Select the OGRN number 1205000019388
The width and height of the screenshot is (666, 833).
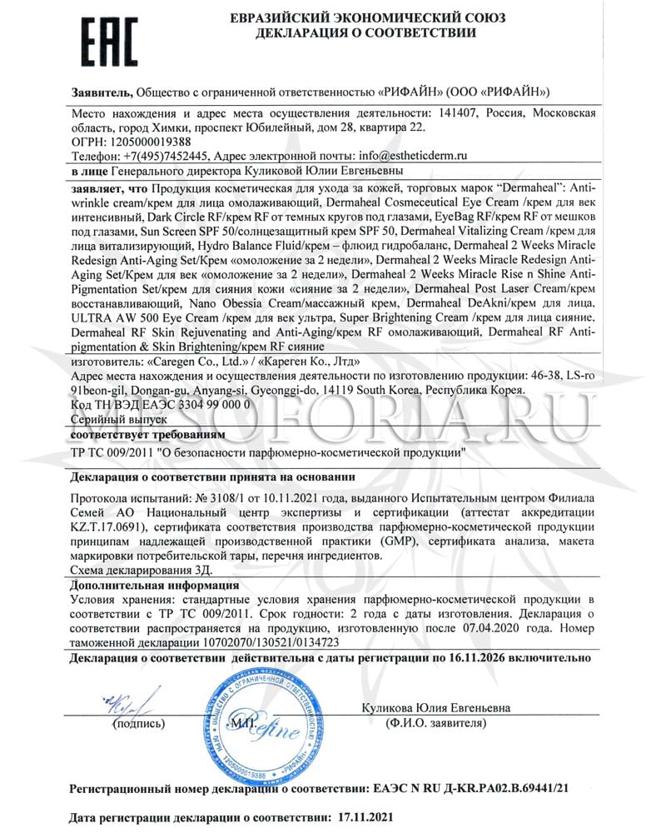pyautogui.click(x=142, y=142)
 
